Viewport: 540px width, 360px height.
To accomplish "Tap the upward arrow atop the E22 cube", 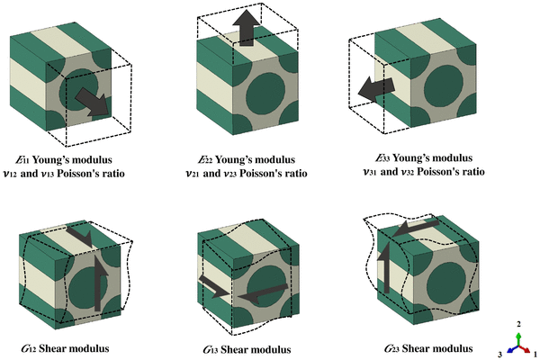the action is pyautogui.click(x=247, y=28).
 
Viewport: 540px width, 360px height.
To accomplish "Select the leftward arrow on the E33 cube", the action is pyautogui.click(x=376, y=89).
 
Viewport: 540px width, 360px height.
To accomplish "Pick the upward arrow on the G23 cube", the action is pyautogui.click(x=386, y=267).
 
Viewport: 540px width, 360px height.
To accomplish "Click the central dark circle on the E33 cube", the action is pyautogui.click(x=444, y=85).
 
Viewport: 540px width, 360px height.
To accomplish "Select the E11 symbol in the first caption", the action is pyautogui.click(x=22, y=160).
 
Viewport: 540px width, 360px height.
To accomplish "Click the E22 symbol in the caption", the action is pyautogui.click(x=205, y=160).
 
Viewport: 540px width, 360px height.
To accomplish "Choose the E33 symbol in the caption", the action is pyautogui.click(x=382, y=158).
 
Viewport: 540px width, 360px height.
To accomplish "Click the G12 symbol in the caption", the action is pyautogui.click(x=29, y=348).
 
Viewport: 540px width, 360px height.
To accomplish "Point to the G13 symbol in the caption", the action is pyautogui.click(x=211, y=350).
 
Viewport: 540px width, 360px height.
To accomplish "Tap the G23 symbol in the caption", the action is pyautogui.click(x=391, y=349).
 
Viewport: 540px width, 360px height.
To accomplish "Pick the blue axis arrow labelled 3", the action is pyautogui.click(x=513, y=349).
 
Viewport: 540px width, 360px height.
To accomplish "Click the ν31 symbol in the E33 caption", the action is pyautogui.click(x=370, y=172).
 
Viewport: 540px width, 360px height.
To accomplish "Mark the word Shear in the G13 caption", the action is pyautogui.click(x=233, y=350).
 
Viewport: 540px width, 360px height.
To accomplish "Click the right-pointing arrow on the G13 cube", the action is pyautogui.click(x=213, y=286).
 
